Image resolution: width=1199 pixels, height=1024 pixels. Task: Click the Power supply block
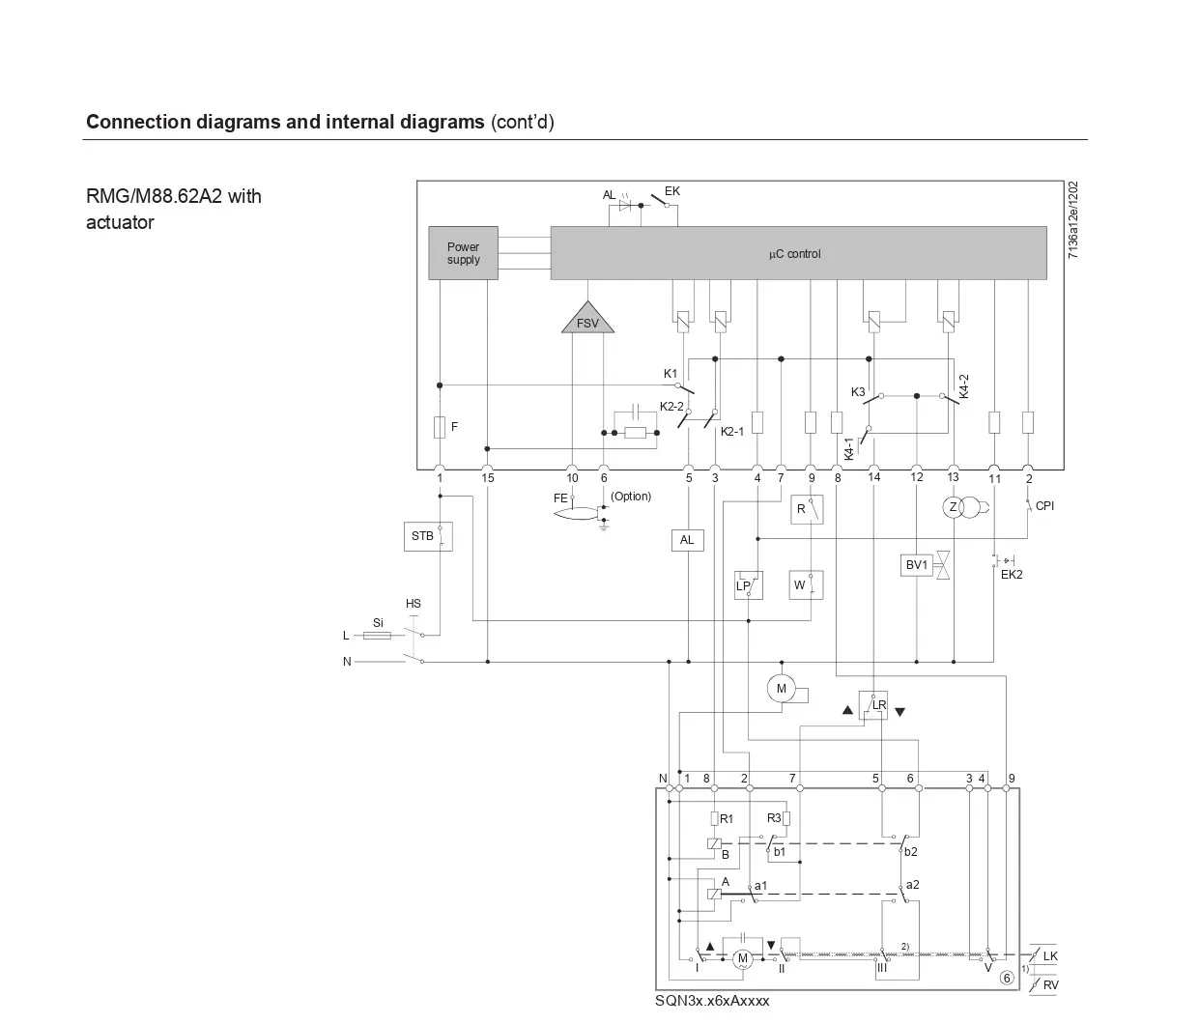coord(463,253)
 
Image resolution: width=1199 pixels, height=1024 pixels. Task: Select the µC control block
coord(797,253)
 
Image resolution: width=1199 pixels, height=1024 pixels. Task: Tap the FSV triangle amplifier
coord(587,320)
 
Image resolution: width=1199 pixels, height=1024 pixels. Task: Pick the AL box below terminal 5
coord(687,540)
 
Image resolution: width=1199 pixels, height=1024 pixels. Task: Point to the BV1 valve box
coord(916,565)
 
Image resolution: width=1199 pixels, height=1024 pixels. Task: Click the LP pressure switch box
coord(748,584)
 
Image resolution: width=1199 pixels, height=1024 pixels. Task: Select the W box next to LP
coord(805,584)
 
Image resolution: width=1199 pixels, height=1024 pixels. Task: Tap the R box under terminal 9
coord(806,509)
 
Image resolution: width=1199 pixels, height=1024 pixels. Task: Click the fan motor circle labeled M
coord(781,689)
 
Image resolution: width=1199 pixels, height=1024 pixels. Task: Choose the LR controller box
coord(873,704)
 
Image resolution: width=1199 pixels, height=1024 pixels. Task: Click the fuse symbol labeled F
coord(440,427)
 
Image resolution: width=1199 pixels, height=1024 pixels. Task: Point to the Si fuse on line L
coord(378,635)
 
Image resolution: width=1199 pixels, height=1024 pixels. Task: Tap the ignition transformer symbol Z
coord(953,507)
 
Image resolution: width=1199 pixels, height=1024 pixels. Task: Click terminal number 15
coord(488,478)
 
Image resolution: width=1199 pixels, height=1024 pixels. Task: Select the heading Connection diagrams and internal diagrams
coord(285,122)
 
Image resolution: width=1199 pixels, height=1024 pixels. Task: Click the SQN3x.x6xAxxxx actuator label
coord(712,1001)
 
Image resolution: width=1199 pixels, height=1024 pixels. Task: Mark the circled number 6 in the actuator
coord(1007,977)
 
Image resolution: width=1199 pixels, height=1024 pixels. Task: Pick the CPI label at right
coord(1044,505)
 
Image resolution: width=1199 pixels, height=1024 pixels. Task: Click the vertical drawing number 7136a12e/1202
coord(1073,220)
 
